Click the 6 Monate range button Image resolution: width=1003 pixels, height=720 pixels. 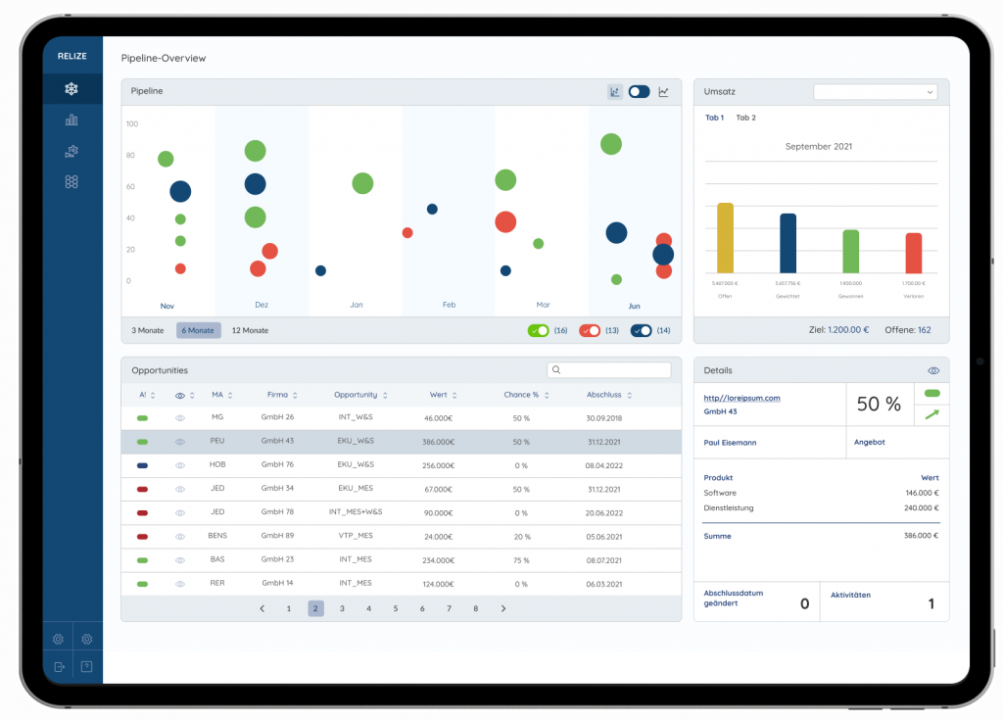tap(199, 330)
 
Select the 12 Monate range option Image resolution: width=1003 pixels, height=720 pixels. tap(250, 330)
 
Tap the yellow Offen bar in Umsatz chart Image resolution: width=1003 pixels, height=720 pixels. tap(725, 238)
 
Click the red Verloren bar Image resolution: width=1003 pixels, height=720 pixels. tap(913, 253)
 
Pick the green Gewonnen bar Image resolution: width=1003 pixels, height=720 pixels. tap(850, 252)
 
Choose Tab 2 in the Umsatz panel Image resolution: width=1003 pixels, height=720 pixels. tap(745, 118)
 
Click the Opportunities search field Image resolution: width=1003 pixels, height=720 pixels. tap(609, 370)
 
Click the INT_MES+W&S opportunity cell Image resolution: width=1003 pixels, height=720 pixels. tap(355, 512)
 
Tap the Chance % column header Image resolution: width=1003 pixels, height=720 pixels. tap(522, 395)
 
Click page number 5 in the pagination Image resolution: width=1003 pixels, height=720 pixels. tap(396, 608)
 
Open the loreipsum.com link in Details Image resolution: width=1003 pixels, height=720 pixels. tap(741, 398)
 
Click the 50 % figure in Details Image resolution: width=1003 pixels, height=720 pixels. tap(879, 405)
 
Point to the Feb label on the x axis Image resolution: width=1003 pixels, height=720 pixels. tap(449, 305)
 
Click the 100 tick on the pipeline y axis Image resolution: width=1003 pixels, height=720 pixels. tap(132, 123)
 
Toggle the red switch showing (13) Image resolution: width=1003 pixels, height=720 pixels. tap(590, 330)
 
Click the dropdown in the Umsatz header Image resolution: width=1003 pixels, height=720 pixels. tap(875, 91)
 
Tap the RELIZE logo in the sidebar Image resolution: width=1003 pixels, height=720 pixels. tap(72, 57)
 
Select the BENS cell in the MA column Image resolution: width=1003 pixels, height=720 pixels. tap(217, 536)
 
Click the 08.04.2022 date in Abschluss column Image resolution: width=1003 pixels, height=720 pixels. tap(603, 464)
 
